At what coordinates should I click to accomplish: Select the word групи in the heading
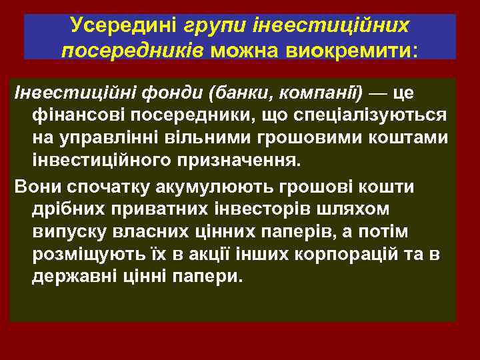click(213, 26)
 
